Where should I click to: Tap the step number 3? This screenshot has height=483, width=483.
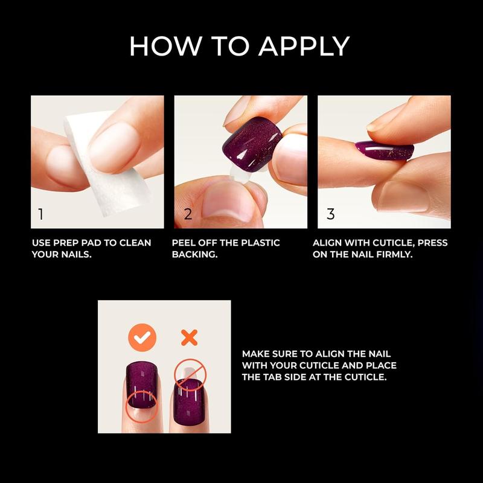(330, 214)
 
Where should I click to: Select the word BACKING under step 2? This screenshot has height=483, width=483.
(194, 255)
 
